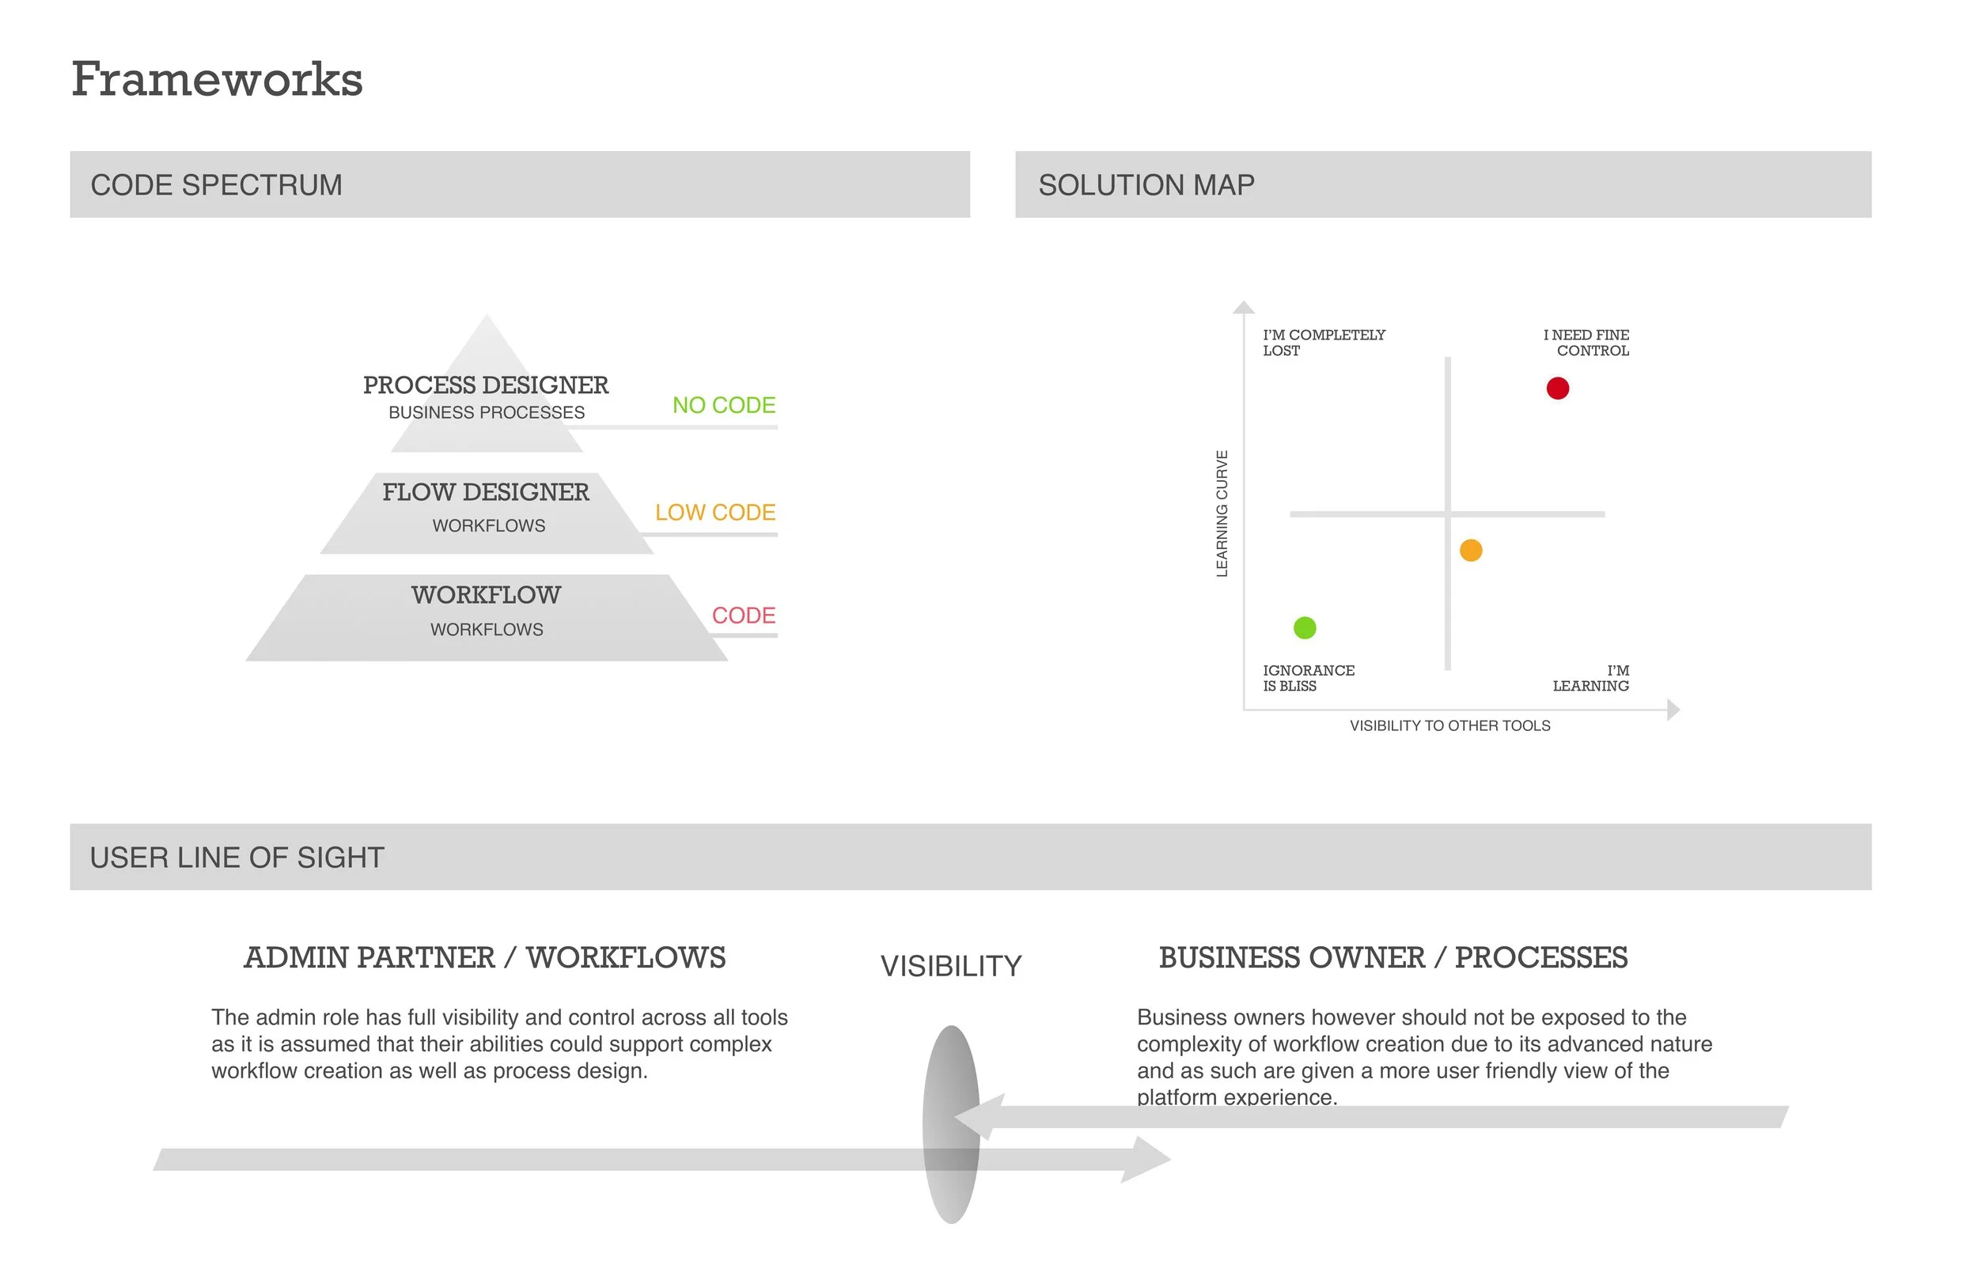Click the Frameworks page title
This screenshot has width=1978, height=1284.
[217, 80]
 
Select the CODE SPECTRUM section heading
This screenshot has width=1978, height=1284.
[216, 185]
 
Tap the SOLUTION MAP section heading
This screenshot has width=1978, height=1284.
[1146, 185]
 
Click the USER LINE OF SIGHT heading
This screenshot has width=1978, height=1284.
[237, 858]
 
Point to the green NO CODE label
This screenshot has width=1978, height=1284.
[723, 406]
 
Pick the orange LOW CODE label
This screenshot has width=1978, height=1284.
[714, 513]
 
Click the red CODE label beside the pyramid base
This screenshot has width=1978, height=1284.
[743, 615]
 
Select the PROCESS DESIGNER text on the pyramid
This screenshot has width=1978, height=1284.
[486, 385]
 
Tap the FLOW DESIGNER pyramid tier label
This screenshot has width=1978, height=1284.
[486, 493]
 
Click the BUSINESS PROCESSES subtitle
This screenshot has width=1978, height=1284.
[486, 413]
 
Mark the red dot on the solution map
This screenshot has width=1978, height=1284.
[1557, 389]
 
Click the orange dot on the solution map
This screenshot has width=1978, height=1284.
[1471, 551]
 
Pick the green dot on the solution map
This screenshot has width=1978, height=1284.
[1305, 628]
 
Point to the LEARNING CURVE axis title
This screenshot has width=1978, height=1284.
[1222, 513]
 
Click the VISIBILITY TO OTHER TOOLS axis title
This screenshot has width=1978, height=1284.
[1449, 726]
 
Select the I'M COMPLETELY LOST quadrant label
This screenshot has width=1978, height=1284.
[1323, 343]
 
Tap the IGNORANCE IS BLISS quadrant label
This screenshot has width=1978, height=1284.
[1308, 678]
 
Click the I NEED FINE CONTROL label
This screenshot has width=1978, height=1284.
[1587, 343]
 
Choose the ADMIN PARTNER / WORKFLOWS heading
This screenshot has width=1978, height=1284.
[484, 958]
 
